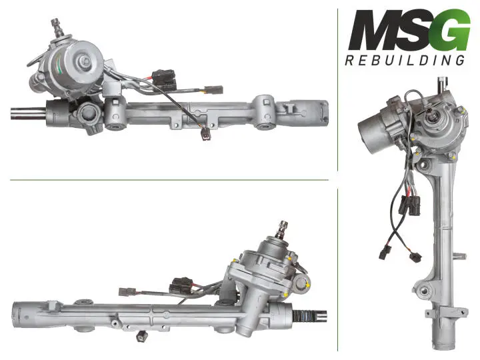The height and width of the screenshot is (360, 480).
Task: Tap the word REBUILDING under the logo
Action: click(x=405, y=60)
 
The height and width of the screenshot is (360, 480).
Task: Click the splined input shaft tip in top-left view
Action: click(x=56, y=25)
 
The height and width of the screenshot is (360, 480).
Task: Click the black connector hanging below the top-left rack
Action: click(x=206, y=135)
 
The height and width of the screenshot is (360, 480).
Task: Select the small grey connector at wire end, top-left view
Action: click(x=214, y=90)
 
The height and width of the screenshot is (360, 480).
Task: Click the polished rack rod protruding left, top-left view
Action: click(x=28, y=113)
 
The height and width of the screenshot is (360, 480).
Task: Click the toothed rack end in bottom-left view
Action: click(x=309, y=316)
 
